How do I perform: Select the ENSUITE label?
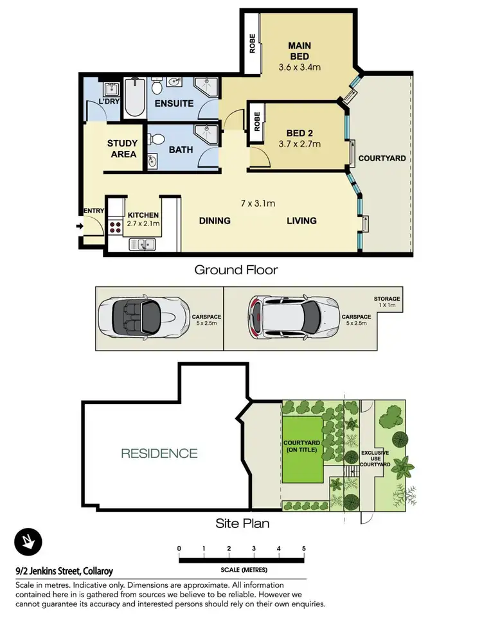pos(174,103)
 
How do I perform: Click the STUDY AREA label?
pos(121,149)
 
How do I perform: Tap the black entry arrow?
pos(80,226)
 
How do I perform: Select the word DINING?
pos(214,221)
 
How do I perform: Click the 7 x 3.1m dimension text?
pos(258,204)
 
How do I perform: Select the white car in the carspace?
pos(285,317)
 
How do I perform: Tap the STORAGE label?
pos(387,299)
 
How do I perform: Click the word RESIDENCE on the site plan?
pos(159,453)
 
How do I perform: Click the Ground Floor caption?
pos(236,270)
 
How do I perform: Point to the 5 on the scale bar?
pos(303,548)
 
